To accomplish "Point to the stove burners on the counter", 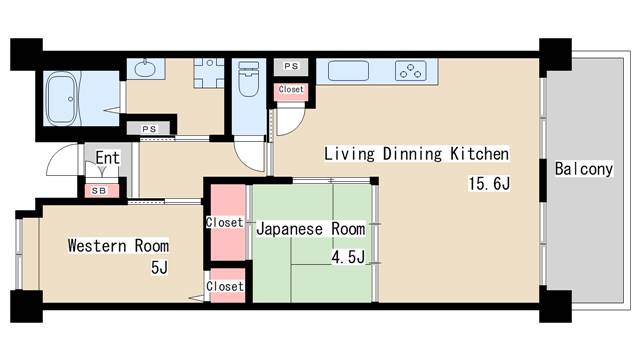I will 411,71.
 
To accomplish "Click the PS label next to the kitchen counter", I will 291,67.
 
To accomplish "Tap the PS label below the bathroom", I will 148,129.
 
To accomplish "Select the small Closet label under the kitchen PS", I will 291,90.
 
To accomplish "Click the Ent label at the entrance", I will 106,158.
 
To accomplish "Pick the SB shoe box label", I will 99,190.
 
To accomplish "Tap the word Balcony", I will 583,169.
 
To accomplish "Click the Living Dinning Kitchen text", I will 416,154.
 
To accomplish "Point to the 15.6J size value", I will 489,184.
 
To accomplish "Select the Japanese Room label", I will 310,229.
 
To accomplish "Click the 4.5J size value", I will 347,257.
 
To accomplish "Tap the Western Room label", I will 117,245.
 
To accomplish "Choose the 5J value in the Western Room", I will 158,269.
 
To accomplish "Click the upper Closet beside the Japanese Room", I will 224,222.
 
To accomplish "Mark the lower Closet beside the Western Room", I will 224,286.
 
